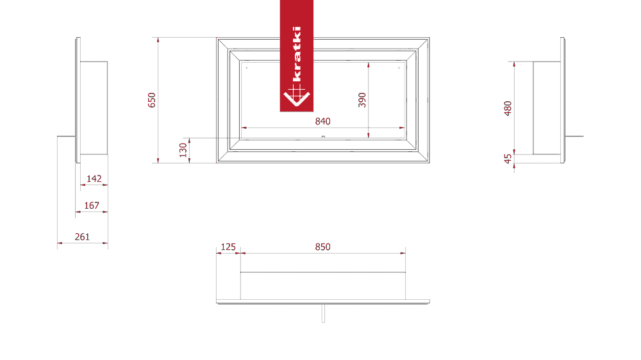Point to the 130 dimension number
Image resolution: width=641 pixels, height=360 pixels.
pyautogui.click(x=182, y=150)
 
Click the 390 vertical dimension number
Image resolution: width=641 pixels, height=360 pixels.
pyautogui.click(x=362, y=100)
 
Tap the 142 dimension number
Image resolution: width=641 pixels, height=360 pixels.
pyautogui.click(x=94, y=179)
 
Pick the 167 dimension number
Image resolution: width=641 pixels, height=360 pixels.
pyautogui.click(x=92, y=206)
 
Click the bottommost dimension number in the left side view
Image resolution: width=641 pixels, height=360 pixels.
pyautogui.click(x=83, y=237)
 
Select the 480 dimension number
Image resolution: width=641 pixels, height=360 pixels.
pyautogui.click(x=508, y=108)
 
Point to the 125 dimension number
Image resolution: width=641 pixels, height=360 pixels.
pyautogui.click(x=229, y=247)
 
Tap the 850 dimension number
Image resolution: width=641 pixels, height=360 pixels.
pyautogui.click(x=322, y=247)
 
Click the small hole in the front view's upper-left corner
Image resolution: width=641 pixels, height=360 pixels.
pyautogui.click(x=246, y=66)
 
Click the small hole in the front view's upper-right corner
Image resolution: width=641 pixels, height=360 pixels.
pyautogui.click(x=399, y=66)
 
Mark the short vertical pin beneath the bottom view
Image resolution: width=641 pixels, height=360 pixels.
pyautogui.click(x=323, y=313)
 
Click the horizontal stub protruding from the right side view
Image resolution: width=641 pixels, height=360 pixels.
pyautogui.click(x=574, y=136)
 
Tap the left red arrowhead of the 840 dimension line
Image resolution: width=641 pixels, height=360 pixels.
pyautogui.click(x=245, y=127)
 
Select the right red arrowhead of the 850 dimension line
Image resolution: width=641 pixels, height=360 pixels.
pyautogui.click(x=404, y=252)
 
